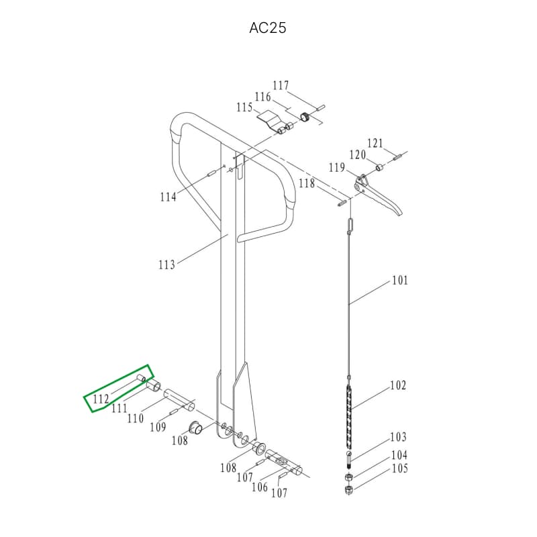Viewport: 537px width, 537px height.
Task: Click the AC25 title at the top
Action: [267, 28]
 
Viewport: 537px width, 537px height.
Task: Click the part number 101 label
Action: [400, 281]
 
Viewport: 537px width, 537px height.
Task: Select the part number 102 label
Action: [398, 385]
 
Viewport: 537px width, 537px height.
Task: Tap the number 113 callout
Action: [166, 264]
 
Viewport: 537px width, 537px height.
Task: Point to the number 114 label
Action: [168, 197]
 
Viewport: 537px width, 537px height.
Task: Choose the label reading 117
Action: [281, 85]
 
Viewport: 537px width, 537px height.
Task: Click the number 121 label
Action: [375, 143]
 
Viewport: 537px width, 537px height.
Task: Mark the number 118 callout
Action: [307, 183]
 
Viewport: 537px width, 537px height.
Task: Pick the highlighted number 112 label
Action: [101, 399]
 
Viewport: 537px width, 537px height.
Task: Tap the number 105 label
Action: [399, 469]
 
